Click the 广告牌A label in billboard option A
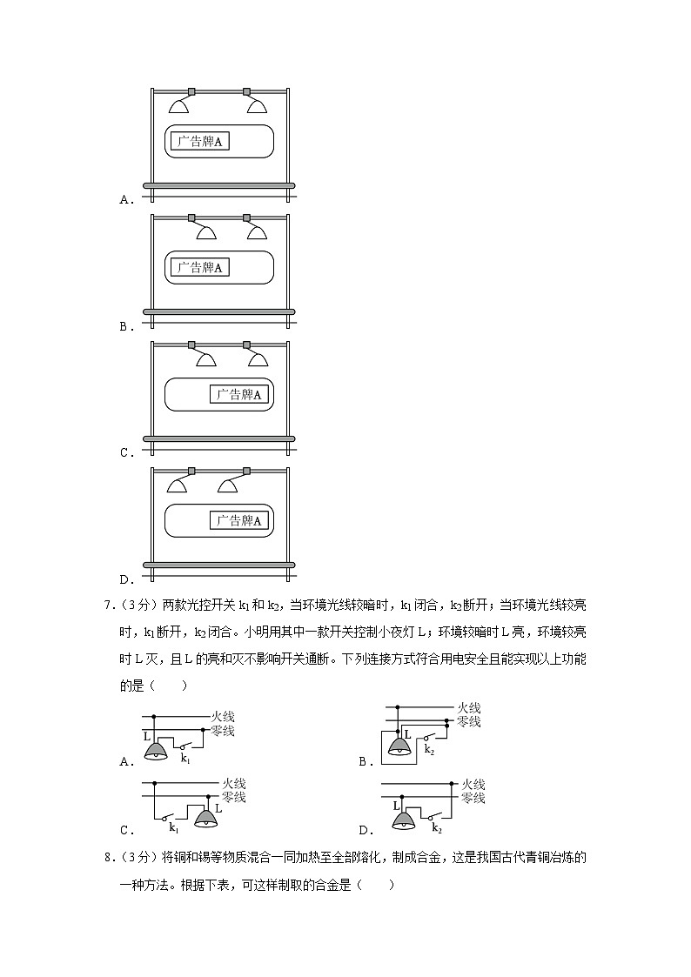[x=199, y=142]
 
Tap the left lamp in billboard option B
[x=206, y=231]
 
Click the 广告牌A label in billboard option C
[x=239, y=394]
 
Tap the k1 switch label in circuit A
[x=185, y=759]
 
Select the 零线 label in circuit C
[x=233, y=797]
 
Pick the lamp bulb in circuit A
[x=157, y=751]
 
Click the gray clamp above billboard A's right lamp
[x=246, y=90]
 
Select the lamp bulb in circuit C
[x=206, y=819]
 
